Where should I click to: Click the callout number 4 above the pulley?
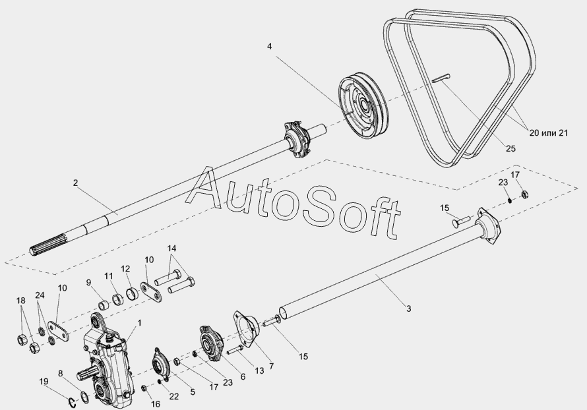point(269,46)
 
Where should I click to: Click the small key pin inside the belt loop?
point(441,78)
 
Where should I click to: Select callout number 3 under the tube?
point(408,308)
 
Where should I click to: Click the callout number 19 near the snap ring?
point(44,381)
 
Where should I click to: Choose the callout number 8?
point(61,374)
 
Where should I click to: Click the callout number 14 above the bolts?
point(172,249)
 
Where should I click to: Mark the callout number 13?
point(259,372)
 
